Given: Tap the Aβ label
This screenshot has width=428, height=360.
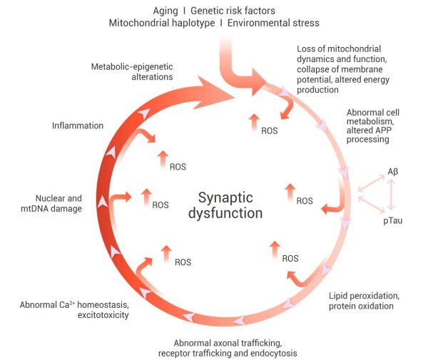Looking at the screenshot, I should click(393, 172).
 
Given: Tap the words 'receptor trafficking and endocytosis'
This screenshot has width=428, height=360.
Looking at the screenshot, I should click(227, 352).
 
